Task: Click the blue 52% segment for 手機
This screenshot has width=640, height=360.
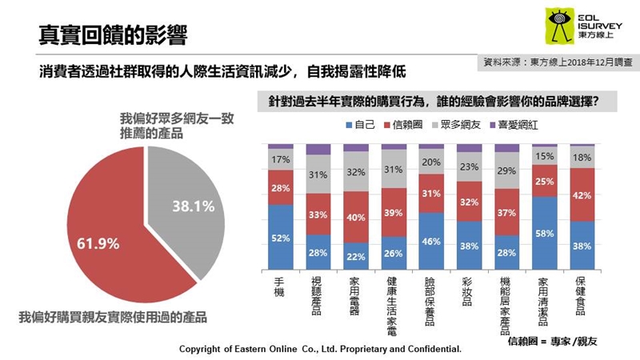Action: pos(280,238)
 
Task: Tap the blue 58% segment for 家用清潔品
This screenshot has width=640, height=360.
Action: pos(546,232)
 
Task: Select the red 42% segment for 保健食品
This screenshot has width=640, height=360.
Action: pos(583,194)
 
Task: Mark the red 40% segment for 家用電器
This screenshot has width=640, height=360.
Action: pos(356,217)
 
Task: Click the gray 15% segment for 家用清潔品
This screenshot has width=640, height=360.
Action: pos(546,157)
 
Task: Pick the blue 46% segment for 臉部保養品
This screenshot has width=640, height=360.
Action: pos(432,241)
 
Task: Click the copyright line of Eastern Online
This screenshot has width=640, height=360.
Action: pos(320,350)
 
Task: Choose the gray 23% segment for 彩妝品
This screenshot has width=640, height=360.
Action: pos(470,168)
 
